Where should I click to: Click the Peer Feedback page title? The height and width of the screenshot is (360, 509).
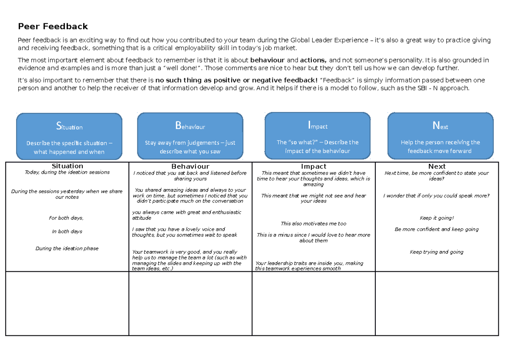pyautogui.click(x=53, y=27)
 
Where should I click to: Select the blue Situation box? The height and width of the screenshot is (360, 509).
pyautogui.click(x=69, y=136)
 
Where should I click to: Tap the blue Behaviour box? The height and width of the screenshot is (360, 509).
pyautogui.click(x=190, y=136)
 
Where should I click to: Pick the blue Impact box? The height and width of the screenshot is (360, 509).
pyautogui.click(x=317, y=135)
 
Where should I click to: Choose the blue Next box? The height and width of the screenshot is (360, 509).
pyautogui.click(x=440, y=135)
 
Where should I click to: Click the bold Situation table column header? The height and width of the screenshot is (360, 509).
pyautogui.click(x=67, y=166)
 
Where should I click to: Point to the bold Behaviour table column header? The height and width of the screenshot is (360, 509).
pyautogui.click(x=190, y=166)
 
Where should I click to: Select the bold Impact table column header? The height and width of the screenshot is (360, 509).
pyautogui.click(x=313, y=166)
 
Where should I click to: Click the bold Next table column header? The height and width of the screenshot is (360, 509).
pyautogui.click(x=436, y=166)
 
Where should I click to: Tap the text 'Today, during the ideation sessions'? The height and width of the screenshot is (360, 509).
pyautogui.click(x=67, y=172)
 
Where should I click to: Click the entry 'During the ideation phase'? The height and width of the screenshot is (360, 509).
pyautogui.click(x=67, y=249)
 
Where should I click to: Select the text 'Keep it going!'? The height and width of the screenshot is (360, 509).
pyautogui.click(x=436, y=218)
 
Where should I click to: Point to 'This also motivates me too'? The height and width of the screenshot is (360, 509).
pyautogui.click(x=313, y=224)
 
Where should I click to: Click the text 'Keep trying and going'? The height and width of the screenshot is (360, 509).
pyautogui.click(x=436, y=252)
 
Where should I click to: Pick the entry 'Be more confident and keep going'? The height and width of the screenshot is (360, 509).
pyautogui.click(x=436, y=229)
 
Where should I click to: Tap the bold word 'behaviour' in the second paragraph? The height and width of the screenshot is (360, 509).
pyautogui.click(x=268, y=60)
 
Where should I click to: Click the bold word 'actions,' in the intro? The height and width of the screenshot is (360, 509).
pyautogui.click(x=313, y=60)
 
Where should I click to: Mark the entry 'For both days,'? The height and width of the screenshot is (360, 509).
pyautogui.click(x=66, y=218)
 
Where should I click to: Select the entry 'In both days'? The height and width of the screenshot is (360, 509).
pyautogui.click(x=67, y=232)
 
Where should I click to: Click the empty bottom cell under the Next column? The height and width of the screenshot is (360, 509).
pyautogui.click(x=437, y=304)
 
